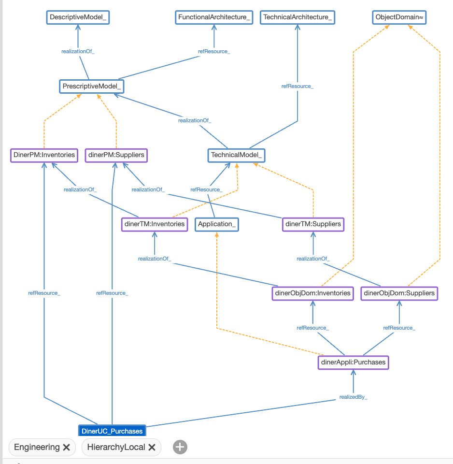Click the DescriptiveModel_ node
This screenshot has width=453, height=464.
tap(79, 17)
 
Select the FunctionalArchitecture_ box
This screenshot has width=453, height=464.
tap(214, 17)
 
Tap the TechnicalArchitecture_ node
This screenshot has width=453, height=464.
tap(297, 17)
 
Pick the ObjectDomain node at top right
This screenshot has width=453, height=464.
tap(399, 17)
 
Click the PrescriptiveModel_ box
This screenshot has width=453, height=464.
tap(91, 87)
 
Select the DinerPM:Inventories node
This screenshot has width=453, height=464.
tap(44, 155)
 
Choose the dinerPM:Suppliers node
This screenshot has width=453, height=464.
tap(116, 155)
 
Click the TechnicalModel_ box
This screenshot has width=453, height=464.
tap(237, 155)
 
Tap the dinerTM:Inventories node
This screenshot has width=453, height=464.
tap(155, 224)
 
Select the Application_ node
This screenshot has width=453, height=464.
tap(217, 224)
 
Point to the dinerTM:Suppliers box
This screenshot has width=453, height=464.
tap(313, 224)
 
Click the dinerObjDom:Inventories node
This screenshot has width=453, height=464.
tap(312, 293)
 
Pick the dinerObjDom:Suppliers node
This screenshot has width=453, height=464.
tap(399, 293)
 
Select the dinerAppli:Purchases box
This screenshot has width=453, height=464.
tap(354, 362)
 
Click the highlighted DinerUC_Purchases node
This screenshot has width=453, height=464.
tap(112, 431)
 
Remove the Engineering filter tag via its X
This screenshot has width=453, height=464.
tap(67, 447)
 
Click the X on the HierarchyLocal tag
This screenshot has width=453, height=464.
tap(152, 447)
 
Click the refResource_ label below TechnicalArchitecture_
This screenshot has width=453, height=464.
tap(297, 87)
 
